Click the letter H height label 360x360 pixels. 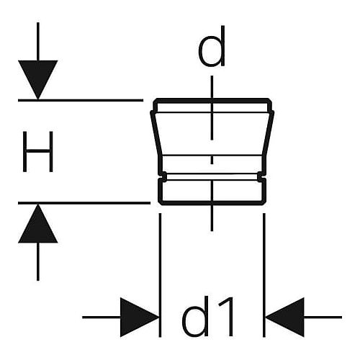pos(37,151)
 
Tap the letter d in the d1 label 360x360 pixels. pos(195,316)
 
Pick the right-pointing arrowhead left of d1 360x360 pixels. pos(139,318)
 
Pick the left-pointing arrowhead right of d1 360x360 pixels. pos(284,318)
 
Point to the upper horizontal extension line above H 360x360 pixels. pos(81,100)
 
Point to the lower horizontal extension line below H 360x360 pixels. pos(84,203)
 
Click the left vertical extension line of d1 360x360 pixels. pos(160,275)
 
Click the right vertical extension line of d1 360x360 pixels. pos(264,275)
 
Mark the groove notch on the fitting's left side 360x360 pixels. pos(163,176)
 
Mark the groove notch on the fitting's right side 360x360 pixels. pos(261,176)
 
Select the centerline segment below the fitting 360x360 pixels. pos(212,218)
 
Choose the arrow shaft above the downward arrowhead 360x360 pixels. pos(38,41)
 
